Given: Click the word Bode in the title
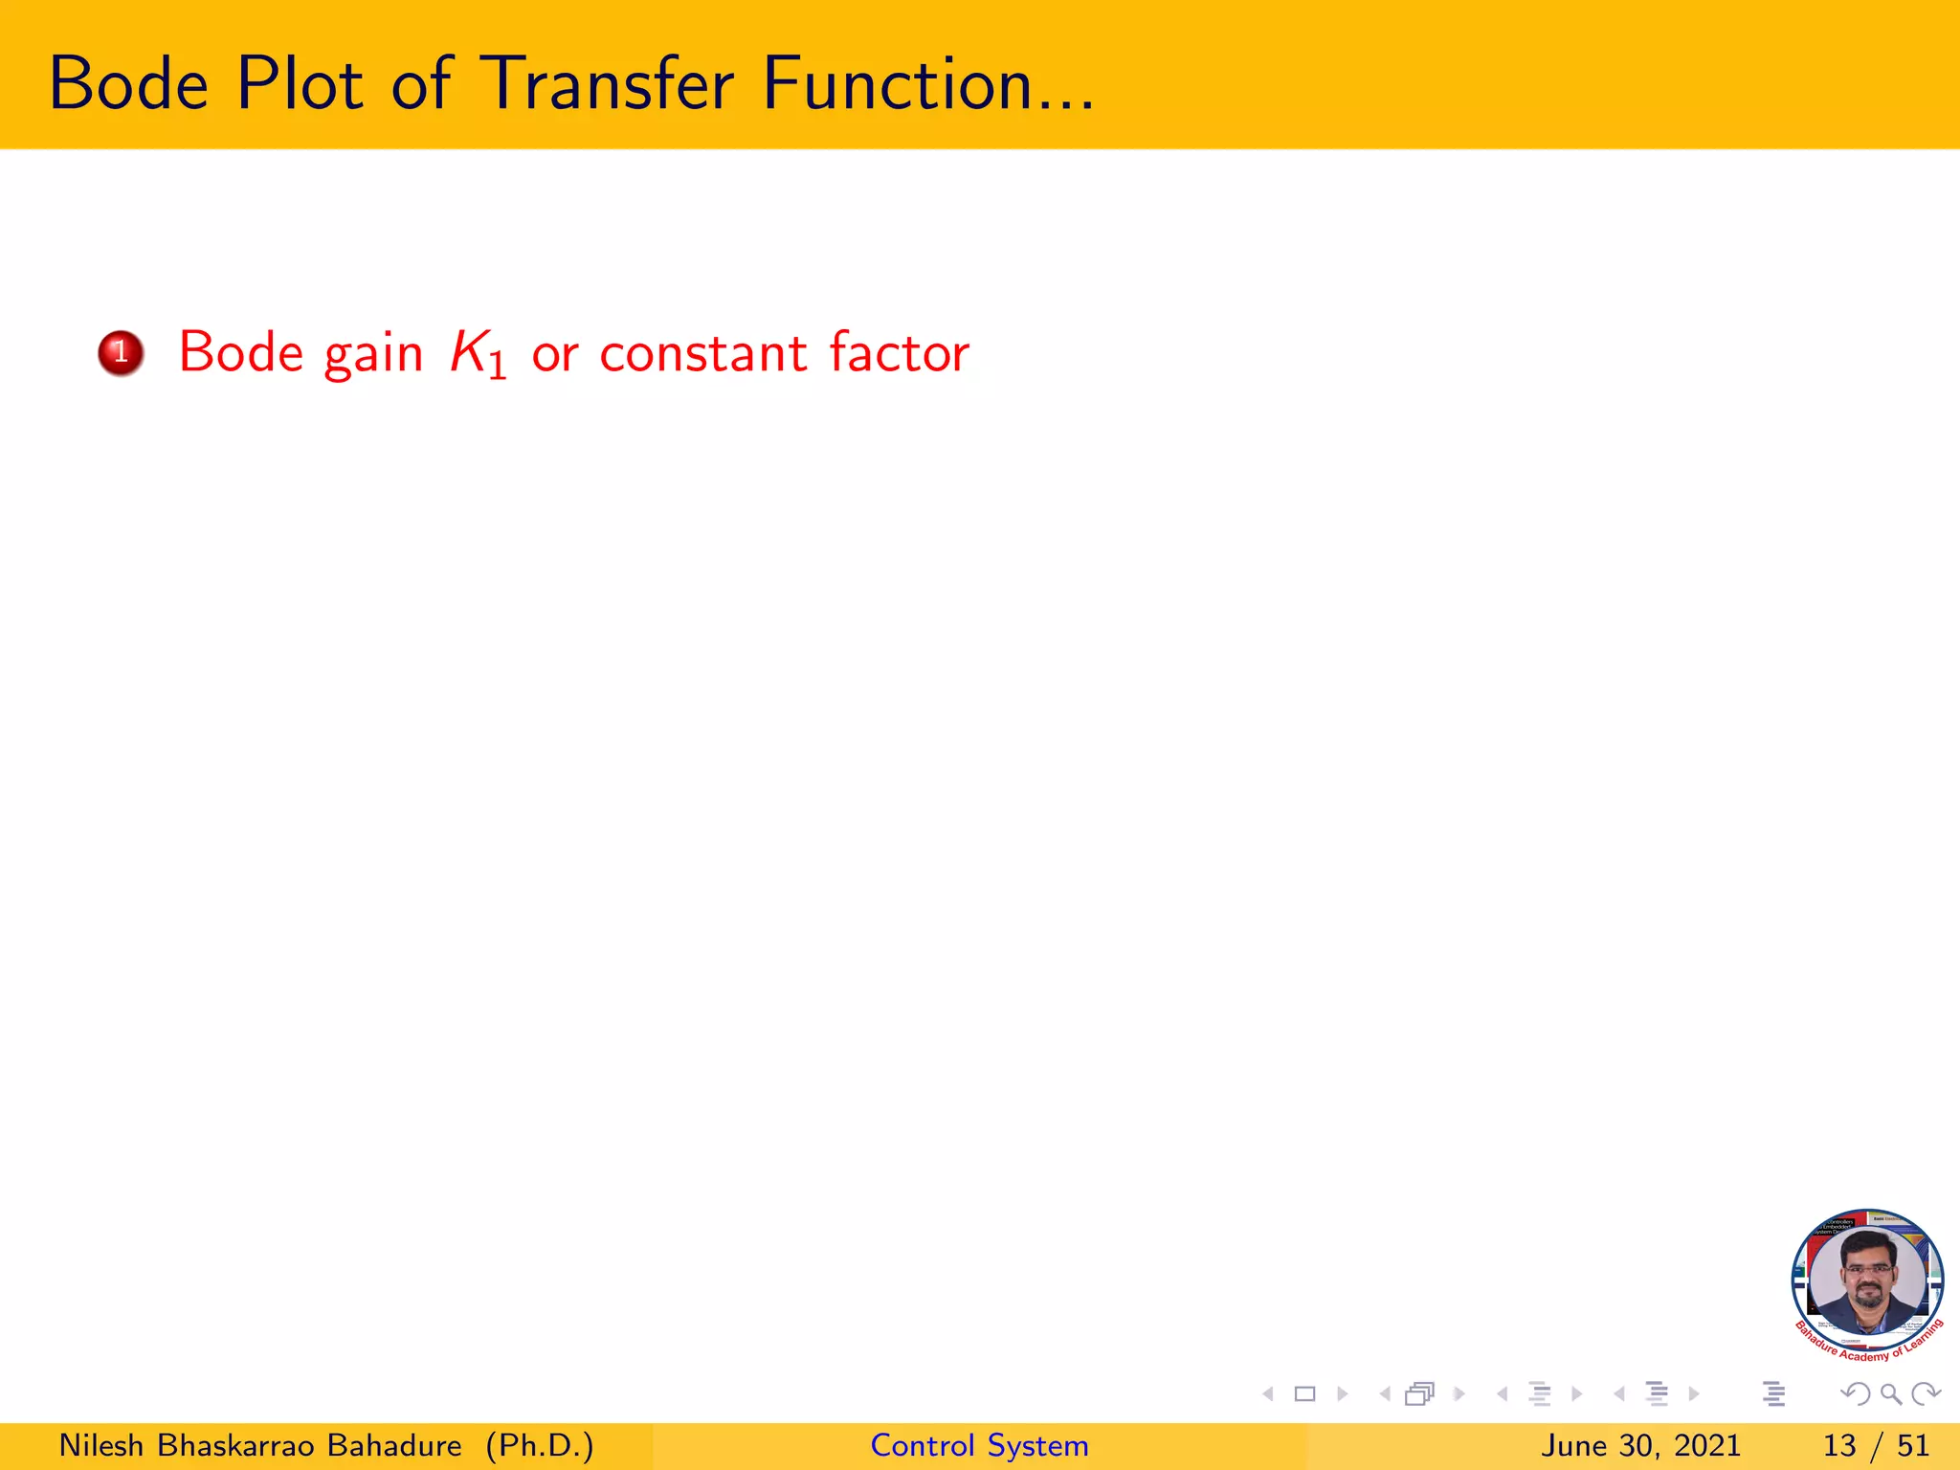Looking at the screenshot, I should pyautogui.click(x=128, y=84).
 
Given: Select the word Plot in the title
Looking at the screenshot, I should pyautogui.click(x=300, y=84).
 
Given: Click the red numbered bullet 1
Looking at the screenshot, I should pyautogui.click(x=121, y=353).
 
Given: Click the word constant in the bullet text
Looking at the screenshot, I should pyautogui.click(x=702, y=353).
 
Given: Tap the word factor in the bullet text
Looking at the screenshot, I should pyautogui.click(x=899, y=353).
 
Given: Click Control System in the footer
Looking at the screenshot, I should pyautogui.click(x=979, y=1445).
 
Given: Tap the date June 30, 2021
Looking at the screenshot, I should pyautogui.click(x=1640, y=1445).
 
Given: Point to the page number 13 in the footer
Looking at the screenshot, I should pyautogui.click(x=1839, y=1445).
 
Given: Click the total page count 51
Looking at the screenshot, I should pyautogui.click(x=1913, y=1445).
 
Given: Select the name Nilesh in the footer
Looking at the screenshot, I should pyautogui.click(x=100, y=1445).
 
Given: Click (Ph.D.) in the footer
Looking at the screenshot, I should pyautogui.click(x=540, y=1445).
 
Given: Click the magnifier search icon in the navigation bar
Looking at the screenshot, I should pyautogui.click(x=1891, y=1394).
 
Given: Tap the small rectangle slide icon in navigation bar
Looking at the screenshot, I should pyautogui.click(x=1304, y=1394).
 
